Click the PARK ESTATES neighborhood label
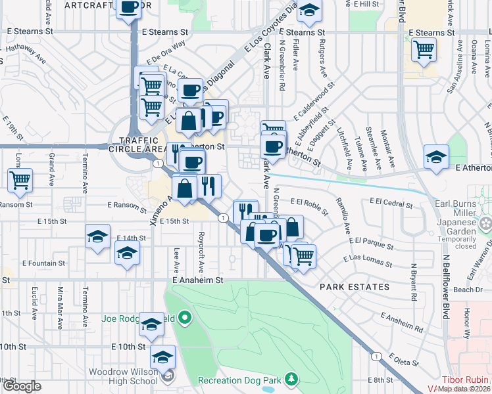(355, 287)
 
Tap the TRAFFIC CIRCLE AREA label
(139, 145)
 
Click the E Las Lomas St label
(368, 261)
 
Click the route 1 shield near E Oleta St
(376, 356)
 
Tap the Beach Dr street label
(468, 290)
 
